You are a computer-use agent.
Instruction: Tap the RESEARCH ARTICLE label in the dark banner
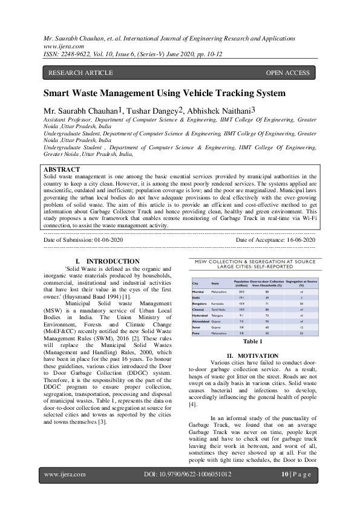[80, 73]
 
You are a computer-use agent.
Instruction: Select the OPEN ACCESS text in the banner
[287, 73]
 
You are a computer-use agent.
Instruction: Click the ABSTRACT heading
[62, 170]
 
